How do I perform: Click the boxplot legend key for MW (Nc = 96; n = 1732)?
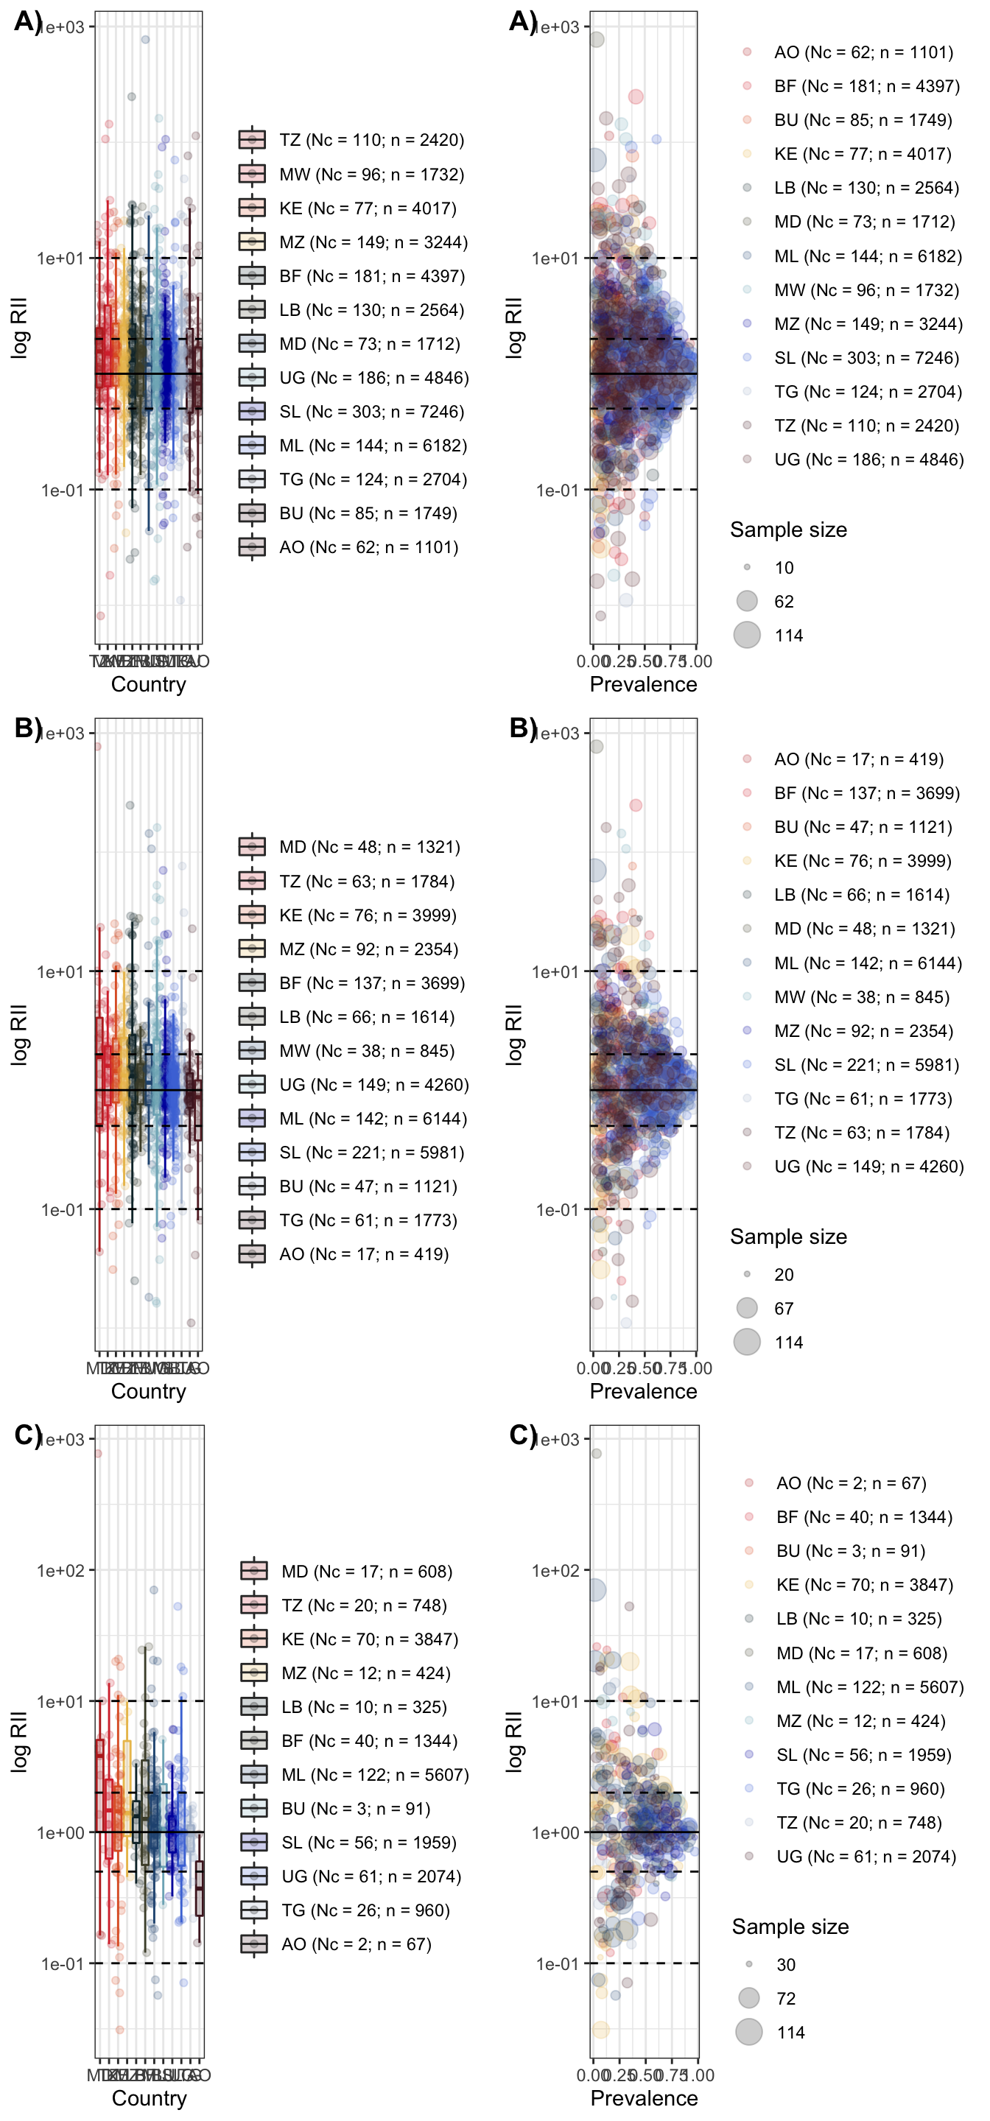pyautogui.click(x=252, y=174)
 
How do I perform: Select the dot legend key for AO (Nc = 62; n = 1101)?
pyautogui.click(x=747, y=52)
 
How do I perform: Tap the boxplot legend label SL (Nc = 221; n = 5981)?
pyautogui.click(x=371, y=1152)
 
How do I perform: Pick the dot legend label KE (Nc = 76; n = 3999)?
pyautogui.click(x=863, y=860)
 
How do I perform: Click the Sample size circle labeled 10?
pyautogui.click(x=747, y=567)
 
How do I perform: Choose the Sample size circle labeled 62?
pyautogui.click(x=747, y=601)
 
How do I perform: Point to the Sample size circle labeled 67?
pyautogui.click(x=747, y=1307)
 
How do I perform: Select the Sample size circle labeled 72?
pyautogui.click(x=748, y=1997)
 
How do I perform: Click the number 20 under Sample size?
pyautogui.click(x=783, y=1275)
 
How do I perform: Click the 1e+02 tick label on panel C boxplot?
pyautogui.click(x=60, y=1570)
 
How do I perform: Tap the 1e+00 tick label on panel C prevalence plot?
pyautogui.click(x=556, y=1832)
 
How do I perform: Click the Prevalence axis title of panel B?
pyautogui.click(x=643, y=1390)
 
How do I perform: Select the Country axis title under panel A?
pyautogui.click(x=148, y=684)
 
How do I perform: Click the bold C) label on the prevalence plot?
pyautogui.click(x=523, y=1435)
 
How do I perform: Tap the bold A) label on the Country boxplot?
pyautogui.click(x=28, y=21)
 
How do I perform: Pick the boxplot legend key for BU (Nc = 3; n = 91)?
pyautogui.click(x=253, y=1808)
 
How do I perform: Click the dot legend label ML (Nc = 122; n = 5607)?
pyautogui.click(x=870, y=1686)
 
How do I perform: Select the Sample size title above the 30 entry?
pyautogui.click(x=790, y=1927)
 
